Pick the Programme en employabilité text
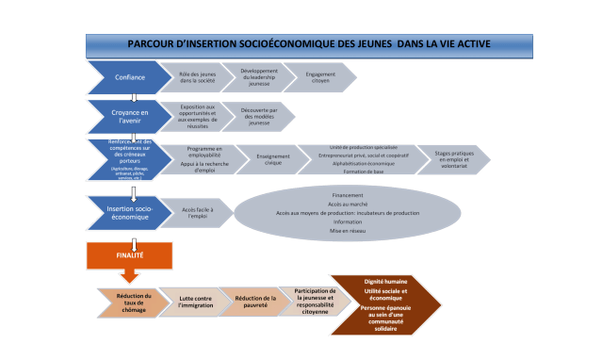(x=204, y=150)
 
